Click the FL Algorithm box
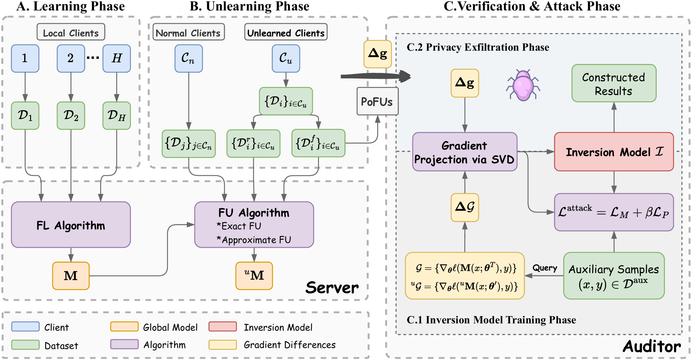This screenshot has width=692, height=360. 71,225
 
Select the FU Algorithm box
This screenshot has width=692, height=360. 254,225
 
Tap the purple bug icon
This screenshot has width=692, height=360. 523,85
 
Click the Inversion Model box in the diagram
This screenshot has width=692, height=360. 614,152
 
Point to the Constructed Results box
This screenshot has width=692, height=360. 614,83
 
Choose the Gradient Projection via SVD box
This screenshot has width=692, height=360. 465,152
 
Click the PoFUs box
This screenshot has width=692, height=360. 377,101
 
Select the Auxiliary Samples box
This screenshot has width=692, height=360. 614,276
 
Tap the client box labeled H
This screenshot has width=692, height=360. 116,59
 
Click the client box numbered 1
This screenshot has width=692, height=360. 25,59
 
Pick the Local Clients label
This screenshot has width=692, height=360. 71,32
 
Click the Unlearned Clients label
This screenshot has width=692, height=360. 286,32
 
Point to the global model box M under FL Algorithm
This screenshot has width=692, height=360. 71,276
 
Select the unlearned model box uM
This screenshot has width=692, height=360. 254,276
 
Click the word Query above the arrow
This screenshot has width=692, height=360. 545,268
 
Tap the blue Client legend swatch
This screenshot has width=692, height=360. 25,326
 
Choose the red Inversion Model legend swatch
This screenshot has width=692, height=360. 222,326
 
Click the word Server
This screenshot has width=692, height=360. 332,288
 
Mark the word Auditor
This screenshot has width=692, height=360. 652,347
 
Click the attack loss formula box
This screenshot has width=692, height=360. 614,212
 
